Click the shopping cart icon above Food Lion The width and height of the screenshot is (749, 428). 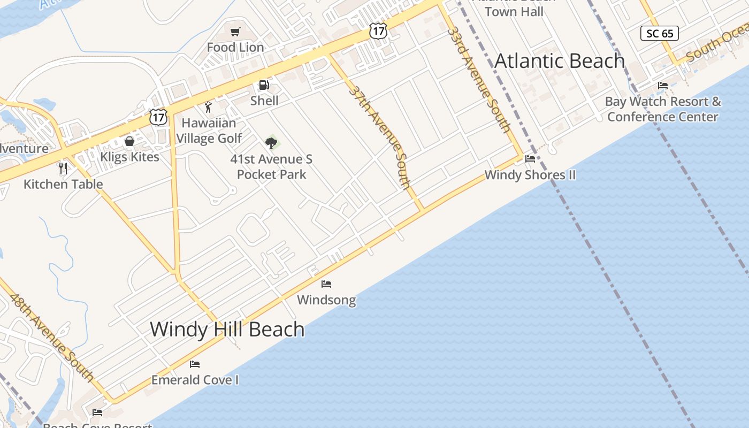coord(235,32)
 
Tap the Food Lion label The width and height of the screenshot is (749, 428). coord(235,47)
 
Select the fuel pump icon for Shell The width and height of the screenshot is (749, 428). coord(264,85)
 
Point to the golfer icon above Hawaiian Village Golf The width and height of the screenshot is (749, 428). coord(208,107)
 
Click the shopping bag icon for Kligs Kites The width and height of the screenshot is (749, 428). coord(129,141)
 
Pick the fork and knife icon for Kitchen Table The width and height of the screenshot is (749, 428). coord(63,168)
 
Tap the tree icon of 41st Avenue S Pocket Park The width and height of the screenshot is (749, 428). coord(271,143)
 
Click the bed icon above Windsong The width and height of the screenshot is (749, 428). coord(326,284)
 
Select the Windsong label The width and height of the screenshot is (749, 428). coord(326,300)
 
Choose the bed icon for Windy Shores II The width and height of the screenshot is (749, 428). coord(530,159)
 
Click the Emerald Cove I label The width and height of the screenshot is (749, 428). coord(195,380)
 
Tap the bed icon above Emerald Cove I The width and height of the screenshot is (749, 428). coord(195,364)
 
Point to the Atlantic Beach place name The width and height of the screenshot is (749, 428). coord(560,61)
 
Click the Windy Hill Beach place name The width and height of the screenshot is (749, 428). coord(227,329)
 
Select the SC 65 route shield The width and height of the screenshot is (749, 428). coord(660,34)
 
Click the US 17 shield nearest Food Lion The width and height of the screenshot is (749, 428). coord(378,31)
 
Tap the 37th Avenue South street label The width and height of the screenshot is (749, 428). coord(381,137)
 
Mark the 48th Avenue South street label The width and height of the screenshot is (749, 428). coord(52,337)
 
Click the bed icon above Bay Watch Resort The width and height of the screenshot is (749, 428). coord(663,86)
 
